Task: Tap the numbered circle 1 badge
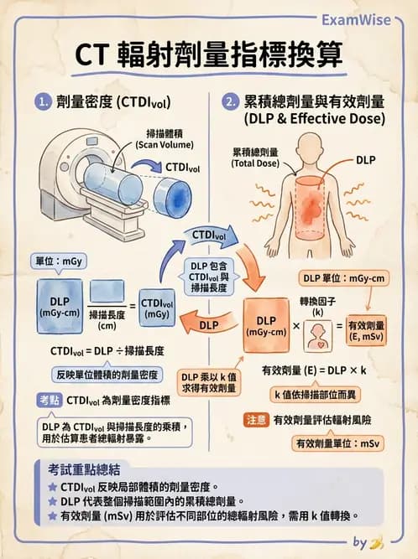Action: [x=43, y=103]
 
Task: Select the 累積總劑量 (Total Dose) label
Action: [x=255, y=158]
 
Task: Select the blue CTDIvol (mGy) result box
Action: [x=157, y=308]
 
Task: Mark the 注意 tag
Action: [x=254, y=419]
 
